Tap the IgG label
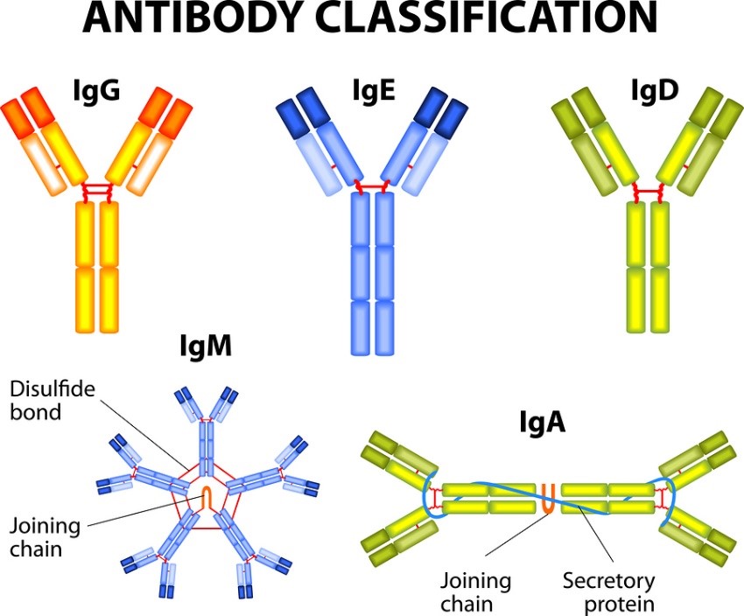coord(96,91)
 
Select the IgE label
coord(371,91)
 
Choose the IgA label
coord(537,424)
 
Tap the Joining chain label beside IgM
coord(45,538)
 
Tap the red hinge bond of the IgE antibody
coord(372,186)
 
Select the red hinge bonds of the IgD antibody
coord(649,191)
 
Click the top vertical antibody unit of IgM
coord(207,437)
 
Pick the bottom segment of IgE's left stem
coord(361,328)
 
